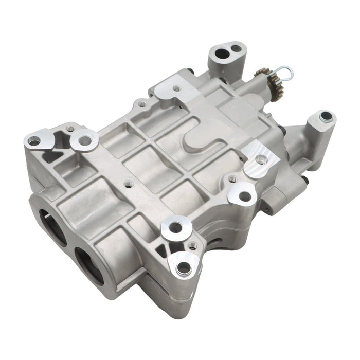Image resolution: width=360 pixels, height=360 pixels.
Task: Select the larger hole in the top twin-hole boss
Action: tap(222, 53)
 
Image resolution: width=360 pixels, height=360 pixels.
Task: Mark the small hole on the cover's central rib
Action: tap(129, 183)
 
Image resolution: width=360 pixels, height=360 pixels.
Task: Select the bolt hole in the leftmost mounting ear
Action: tap(34, 140)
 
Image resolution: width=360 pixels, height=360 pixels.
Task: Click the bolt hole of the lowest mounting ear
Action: tap(183, 267)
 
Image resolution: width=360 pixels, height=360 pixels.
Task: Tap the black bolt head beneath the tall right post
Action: tap(305, 179)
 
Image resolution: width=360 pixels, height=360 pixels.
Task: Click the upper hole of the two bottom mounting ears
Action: tap(175, 227)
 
